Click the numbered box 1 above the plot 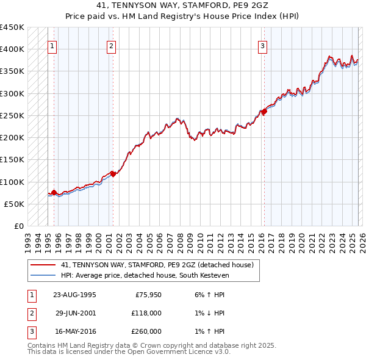point(52,45)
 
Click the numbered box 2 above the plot point(112,45)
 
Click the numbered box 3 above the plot point(262,45)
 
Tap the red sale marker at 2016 point(264,112)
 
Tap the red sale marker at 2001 point(113,174)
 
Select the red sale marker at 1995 point(54,193)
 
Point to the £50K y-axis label point(15,204)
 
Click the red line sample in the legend point(43,265)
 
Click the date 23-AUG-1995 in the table point(75,294)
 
